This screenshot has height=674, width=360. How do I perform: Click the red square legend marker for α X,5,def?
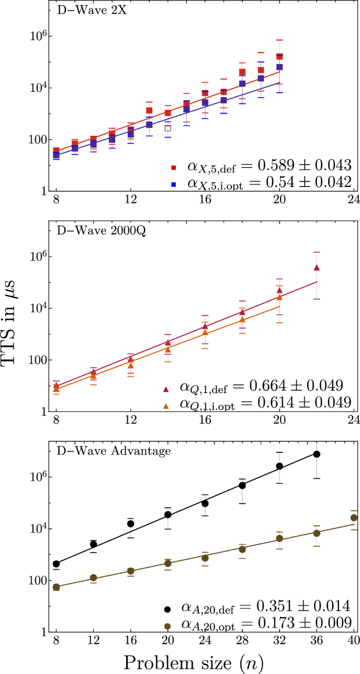pyautogui.click(x=172, y=169)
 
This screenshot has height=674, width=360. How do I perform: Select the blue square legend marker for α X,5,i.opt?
pyautogui.click(x=172, y=184)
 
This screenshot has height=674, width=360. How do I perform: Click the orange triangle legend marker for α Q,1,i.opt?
pyautogui.click(x=166, y=405)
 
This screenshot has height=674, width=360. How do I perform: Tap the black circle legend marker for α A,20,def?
pyautogui.click(x=168, y=609)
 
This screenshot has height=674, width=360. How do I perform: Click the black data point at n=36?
pyautogui.click(x=316, y=454)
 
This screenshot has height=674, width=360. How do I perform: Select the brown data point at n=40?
pyautogui.click(x=354, y=517)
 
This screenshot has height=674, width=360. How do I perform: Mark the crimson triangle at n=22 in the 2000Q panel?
pyautogui.click(x=316, y=267)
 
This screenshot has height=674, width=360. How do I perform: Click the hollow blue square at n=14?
pyautogui.click(x=168, y=128)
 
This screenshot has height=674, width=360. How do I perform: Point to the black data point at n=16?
pyautogui.click(x=130, y=524)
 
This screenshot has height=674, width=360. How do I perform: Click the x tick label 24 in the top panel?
pyautogui.click(x=353, y=200)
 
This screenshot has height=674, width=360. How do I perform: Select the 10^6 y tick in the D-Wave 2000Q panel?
pyautogui.click(x=41, y=257)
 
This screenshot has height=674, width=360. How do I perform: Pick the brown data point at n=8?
pyautogui.click(x=56, y=587)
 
